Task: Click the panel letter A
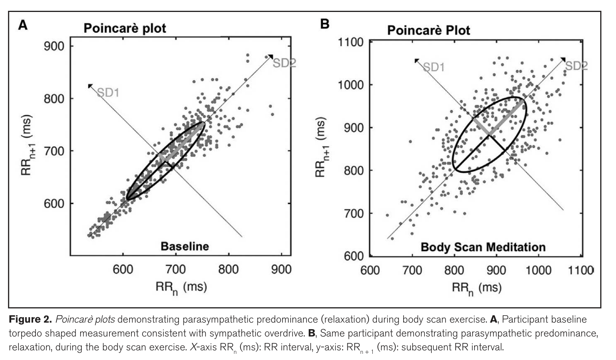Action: point(23,25)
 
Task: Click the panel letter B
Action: point(325,24)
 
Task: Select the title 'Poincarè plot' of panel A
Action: point(125,28)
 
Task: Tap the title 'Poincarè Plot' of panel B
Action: point(429,30)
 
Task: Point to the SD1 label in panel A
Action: point(108,93)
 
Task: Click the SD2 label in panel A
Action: point(284,63)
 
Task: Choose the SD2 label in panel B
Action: point(576,66)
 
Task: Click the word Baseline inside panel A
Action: point(185,246)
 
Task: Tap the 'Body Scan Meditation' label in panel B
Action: point(483,247)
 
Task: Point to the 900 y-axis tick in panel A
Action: point(54,46)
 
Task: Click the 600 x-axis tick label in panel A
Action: point(123,269)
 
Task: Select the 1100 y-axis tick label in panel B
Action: point(350,43)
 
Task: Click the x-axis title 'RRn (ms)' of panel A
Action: point(181,288)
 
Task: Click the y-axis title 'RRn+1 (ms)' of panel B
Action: point(321,147)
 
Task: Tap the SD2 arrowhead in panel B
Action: point(564,59)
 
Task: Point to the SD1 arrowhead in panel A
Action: point(90,86)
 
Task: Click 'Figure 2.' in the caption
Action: point(30,320)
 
